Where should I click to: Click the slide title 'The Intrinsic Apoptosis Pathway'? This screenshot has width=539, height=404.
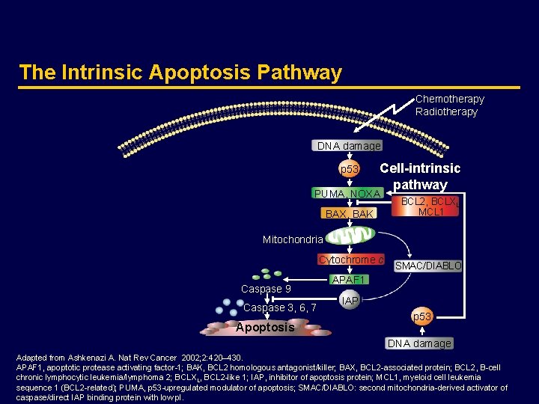point(180,73)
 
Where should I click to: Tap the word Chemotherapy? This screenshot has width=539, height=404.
point(449,99)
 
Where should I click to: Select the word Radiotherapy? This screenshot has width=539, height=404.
point(446,111)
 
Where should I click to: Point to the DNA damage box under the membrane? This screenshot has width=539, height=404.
point(348,146)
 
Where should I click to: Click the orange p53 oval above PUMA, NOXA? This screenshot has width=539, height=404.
point(350,169)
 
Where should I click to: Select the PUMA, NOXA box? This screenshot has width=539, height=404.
point(347,195)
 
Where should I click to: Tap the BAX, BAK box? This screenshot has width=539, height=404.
point(348,214)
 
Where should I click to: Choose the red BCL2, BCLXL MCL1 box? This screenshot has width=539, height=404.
point(430,207)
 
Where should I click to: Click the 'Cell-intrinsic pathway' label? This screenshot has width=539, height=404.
point(420,177)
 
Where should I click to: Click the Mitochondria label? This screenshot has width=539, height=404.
point(293,240)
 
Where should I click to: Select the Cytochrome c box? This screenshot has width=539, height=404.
point(351,260)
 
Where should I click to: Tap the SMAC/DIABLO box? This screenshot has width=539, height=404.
point(428,266)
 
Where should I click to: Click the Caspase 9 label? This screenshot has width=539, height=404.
point(266,289)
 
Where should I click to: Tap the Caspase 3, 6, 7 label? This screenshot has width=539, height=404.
point(280,308)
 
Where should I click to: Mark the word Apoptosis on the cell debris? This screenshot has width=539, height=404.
point(264,328)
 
